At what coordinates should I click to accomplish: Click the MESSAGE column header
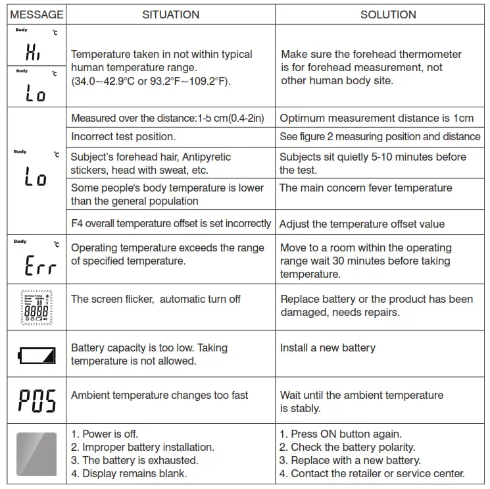click(x=37, y=14)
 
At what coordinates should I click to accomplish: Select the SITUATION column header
click(x=171, y=14)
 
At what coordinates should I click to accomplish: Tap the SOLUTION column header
click(x=388, y=14)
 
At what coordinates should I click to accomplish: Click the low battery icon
click(x=37, y=356)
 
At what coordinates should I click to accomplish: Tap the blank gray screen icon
click(x=37, y=453)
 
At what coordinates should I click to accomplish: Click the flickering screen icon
click(x=37, y=308)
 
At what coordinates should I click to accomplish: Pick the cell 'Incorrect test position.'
click(x=123, y=137)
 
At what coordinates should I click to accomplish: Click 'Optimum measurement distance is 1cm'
click(x=376, y=118)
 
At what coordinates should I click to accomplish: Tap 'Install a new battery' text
click(x=328, y=347)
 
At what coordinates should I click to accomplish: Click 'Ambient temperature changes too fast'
click(x=160, y=395)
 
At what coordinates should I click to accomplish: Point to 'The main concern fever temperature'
click(x=366, y=188)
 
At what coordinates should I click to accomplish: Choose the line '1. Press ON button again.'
click(x=341, y=434)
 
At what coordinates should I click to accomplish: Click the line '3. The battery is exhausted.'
click(x=135, y=460)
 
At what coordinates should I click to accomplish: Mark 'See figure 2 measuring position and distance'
click(x=380, y=137)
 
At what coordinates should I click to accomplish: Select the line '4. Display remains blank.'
click(x=129, y=473)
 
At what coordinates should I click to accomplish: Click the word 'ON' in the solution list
click(x=328, y=434)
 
